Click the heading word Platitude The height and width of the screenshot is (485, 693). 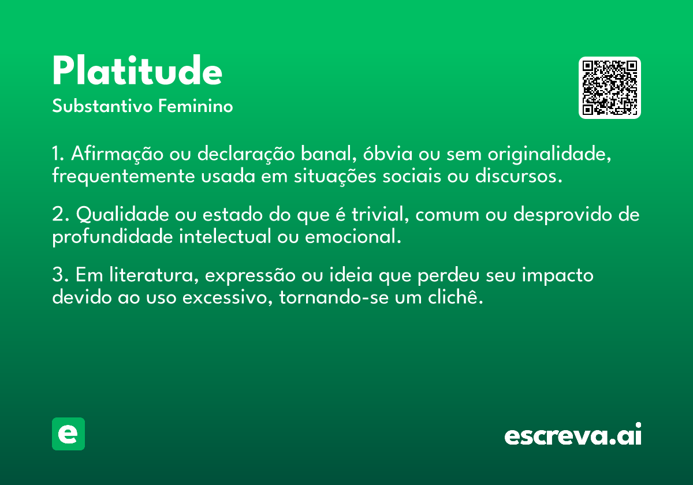[137, 70]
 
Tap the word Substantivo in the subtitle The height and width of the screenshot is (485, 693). [102, 106]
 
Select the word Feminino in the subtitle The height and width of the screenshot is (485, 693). [196, 106]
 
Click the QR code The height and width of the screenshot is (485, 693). [609, 88]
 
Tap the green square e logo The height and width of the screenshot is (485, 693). [68, 434]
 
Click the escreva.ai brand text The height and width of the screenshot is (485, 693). [573, 434]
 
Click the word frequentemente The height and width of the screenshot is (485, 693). [124, 177]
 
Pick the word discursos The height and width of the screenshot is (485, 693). [519, 176]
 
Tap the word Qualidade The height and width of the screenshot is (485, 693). [122, 214]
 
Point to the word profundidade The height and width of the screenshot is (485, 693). [112, 237]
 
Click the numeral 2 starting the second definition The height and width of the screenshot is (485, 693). [58, 214]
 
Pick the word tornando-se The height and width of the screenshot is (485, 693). [334, 297]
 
